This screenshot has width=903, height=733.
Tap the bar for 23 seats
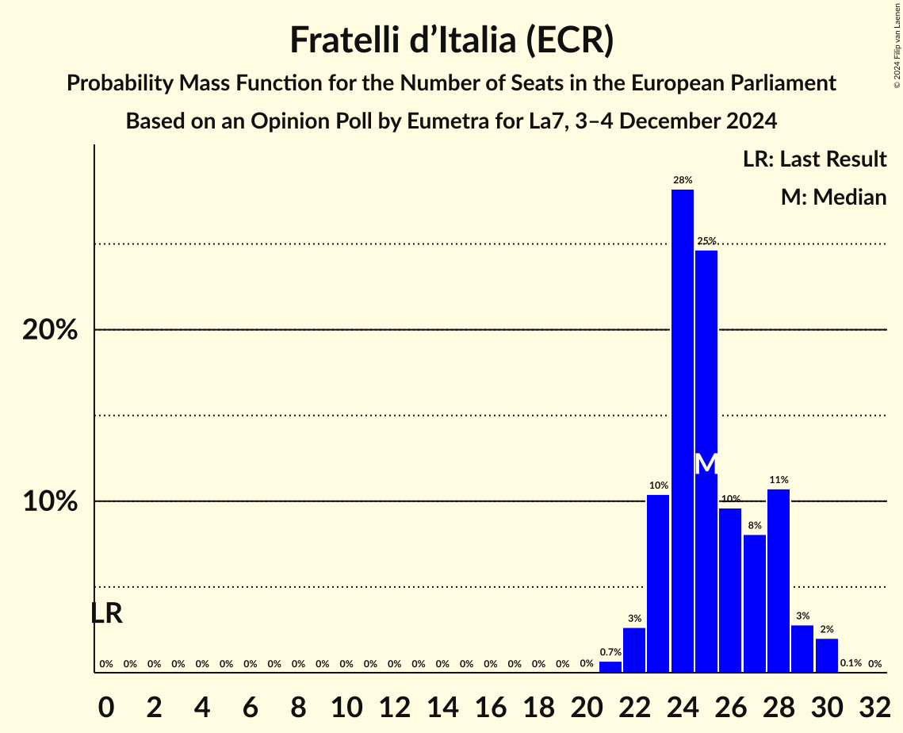tap(658, 583)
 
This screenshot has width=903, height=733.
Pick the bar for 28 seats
tap(778, 581)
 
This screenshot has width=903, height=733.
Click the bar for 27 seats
tap(754, 604)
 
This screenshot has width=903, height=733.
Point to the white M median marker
tap(706, 464)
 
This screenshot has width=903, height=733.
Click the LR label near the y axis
tap(106, 613)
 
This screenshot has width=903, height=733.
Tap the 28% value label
tap(682, 180)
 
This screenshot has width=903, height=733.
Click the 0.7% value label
tap(610, 652)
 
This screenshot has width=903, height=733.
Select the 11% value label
tap(778, 480)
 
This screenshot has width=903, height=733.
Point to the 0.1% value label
tap(851, 663)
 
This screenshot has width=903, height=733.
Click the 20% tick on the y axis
tap(50, 330)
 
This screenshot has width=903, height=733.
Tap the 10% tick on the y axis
tap(50, 502)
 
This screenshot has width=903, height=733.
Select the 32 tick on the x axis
tap(874, 702)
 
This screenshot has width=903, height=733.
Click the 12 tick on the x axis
tap(394, 702)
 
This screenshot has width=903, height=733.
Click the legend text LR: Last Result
tap(814, 159)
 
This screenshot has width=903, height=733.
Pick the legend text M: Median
tap(833, 198)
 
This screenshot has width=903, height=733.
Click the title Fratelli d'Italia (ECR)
tap(451, 40)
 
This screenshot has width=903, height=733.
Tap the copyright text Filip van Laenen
tap(897, 44)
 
